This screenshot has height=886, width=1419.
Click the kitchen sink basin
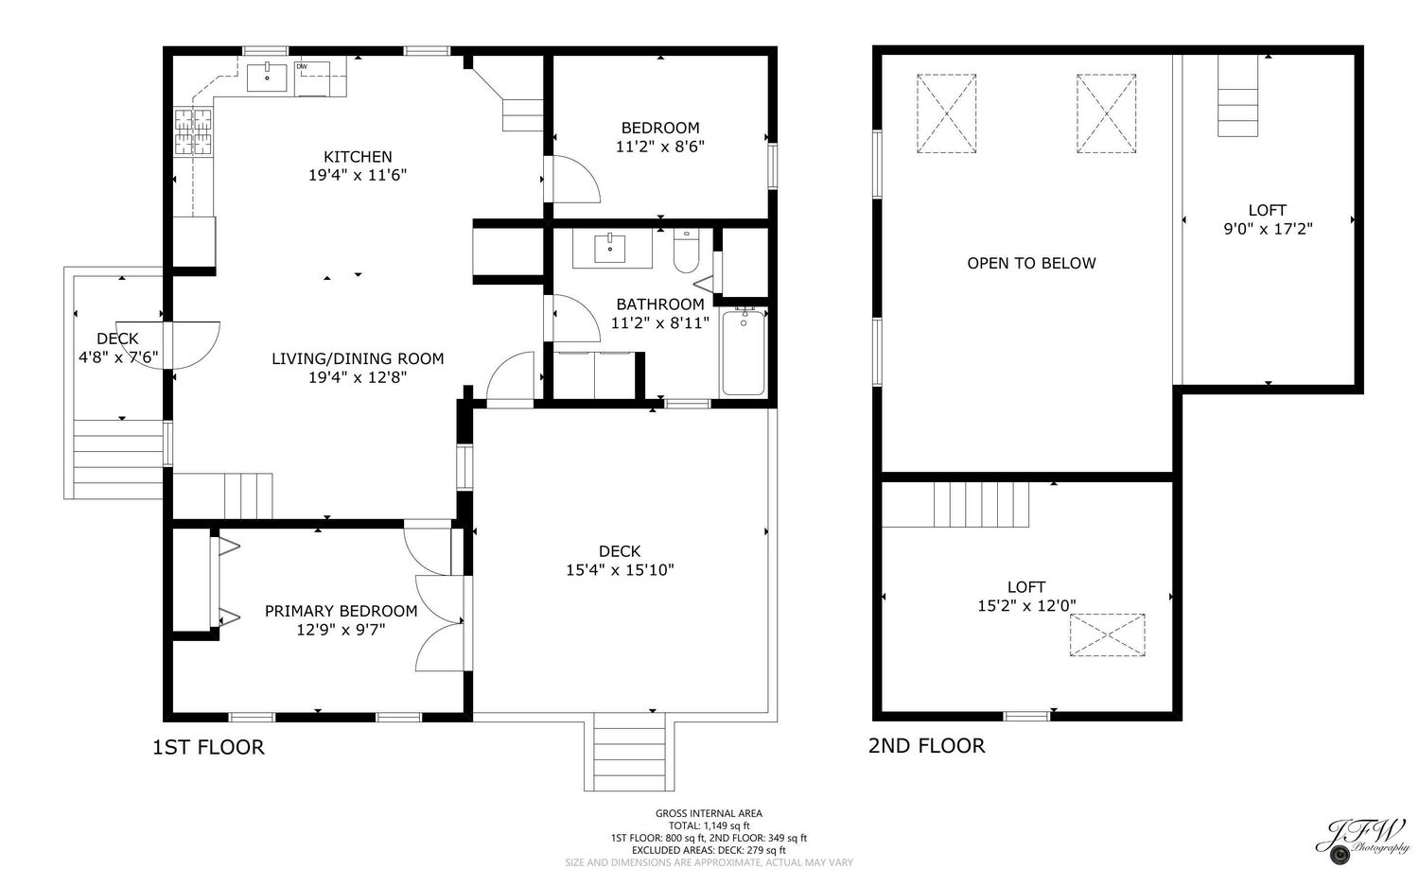pyautogui.click(x=267, y=78)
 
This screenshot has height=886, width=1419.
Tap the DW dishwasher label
pyautogui.click(x=302, y=66)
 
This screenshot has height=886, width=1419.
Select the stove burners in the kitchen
pyautogui.click(x=193, y=131)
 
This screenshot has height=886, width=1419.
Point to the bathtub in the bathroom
pyautogui.click(x=743, y=352)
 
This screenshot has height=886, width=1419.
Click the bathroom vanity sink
pyautogui.click(x=609, y=249)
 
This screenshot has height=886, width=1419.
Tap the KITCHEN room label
pyautogui.click(x=358, y=156)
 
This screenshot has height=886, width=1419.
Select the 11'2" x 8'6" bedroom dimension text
pyautogui.click(x=660, y=147)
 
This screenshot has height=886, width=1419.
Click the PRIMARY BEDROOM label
pyautogui.click(x=341, y=611)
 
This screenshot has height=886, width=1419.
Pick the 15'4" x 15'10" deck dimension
pyautogui.click(x=620, y=570)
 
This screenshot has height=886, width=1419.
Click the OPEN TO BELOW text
pyautogui.click(x=1031, y=263)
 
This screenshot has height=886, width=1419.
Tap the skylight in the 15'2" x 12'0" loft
pyautogui.click(x=1108, y=634)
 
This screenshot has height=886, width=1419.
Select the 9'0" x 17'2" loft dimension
pyautogui.click(x=1268, y=229)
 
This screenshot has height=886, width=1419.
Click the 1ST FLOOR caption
pyautogui.click(x=208, y=747)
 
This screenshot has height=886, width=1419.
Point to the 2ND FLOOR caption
pyautogui.click(x=926, y=746)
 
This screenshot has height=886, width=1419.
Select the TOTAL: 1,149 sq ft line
pyautogui.click(x=709, y=825)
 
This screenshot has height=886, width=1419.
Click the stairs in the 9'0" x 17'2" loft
pyautogui.click(x=1237, y=96)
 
